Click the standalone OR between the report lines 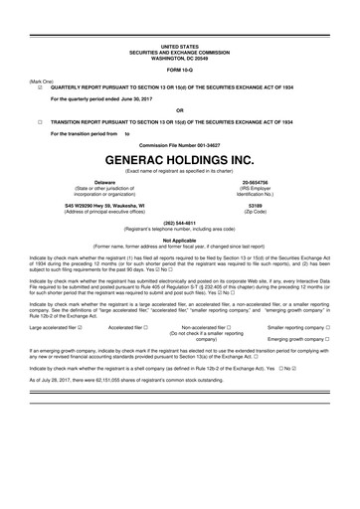pyautogui.click(x=179, y=109)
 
